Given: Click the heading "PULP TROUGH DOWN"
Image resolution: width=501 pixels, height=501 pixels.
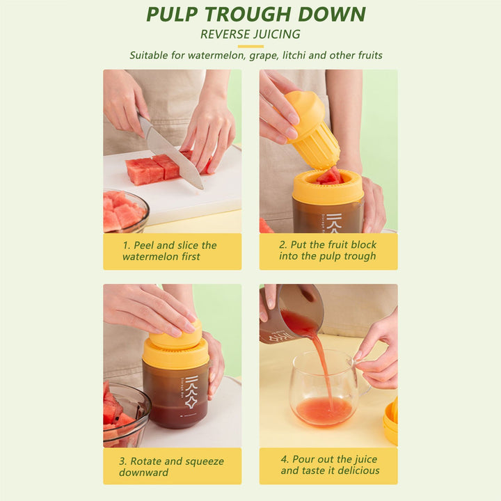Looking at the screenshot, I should tap(255, 15).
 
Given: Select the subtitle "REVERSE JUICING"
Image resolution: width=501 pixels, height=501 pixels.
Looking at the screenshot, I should tap(250, 34).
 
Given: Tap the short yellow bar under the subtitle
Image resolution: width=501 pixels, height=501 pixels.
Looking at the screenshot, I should tap(250, 46).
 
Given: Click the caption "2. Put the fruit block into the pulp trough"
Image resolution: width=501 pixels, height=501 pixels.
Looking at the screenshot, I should tap(328, 251).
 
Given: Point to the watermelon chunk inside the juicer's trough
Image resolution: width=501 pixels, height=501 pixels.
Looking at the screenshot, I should tap(329, 177).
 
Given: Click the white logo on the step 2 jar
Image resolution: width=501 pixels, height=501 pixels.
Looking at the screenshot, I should tap(335, 222).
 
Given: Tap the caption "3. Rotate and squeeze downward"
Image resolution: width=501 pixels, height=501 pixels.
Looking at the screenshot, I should tap(172, 466).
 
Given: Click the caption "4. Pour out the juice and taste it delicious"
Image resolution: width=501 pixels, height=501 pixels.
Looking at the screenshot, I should tap(330, 466).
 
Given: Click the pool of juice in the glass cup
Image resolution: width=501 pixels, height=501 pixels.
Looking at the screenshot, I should tap(324, 411).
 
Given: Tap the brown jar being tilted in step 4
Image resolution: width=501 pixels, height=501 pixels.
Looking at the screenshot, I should tap(289, 317).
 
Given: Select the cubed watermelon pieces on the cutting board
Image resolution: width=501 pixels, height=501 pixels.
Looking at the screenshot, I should tap(153, 169).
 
